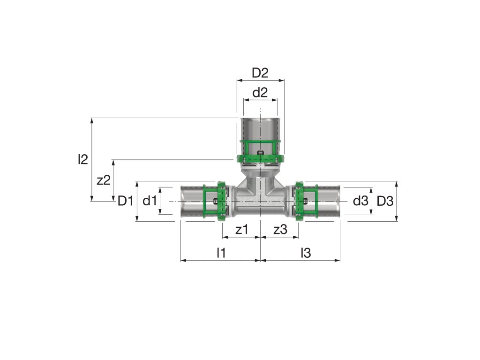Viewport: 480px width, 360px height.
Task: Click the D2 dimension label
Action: tap(260, 73)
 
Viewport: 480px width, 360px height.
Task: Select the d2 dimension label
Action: tap(260, 92)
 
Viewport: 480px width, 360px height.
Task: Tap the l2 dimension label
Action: tap(83, 159)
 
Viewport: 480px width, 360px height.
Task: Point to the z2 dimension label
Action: tap(104, 180)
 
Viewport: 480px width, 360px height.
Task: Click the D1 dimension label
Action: tap(126, 201)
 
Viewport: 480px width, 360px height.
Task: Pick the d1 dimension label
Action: tap(150, 201)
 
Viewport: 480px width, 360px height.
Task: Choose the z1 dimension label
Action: tap(241, 229)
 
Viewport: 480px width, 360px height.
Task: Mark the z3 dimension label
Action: tap(280, 229)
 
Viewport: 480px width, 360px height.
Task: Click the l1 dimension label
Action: tap(221, 253)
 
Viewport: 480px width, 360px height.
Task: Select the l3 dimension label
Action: tap(306, 253)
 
